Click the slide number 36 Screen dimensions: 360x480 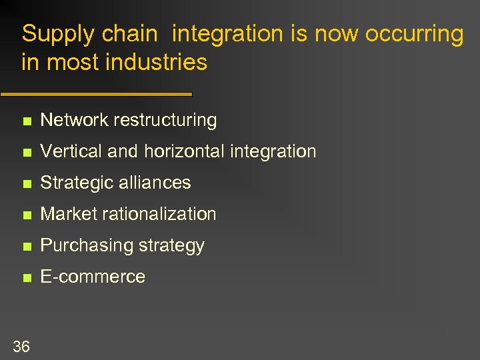[x=21, y=346]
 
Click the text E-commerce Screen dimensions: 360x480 [x=93, y=277]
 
